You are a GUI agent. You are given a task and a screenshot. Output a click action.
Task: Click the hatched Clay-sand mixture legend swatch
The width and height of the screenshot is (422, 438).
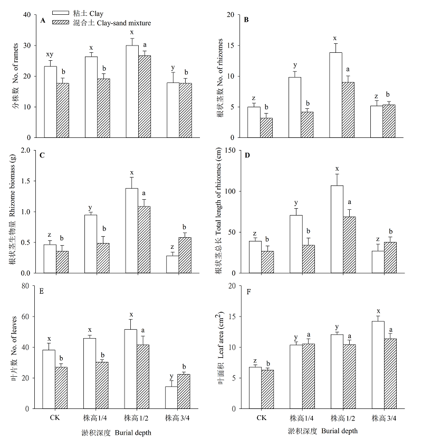point(66,23)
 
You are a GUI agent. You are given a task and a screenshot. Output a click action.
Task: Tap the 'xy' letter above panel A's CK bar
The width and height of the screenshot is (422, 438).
point(50,55)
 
